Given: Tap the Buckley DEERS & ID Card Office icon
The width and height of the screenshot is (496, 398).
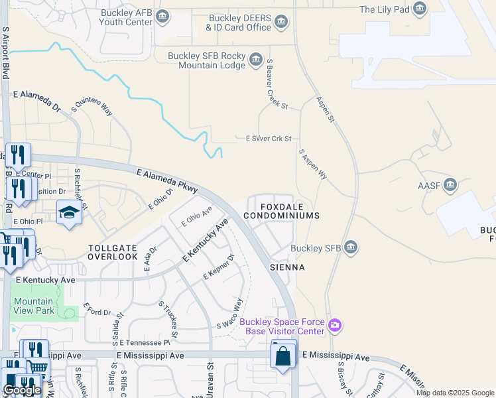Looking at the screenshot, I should pos(281,23).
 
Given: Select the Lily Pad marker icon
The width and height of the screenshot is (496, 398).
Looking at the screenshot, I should pos(419,9).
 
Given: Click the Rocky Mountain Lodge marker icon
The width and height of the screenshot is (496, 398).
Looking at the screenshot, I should pos(255,62).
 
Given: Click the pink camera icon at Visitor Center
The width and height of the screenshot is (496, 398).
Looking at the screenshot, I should pos(336,325).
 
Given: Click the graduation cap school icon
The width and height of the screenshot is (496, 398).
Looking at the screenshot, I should pos(69,213).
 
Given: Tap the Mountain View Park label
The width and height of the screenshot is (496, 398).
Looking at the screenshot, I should pos(34,306).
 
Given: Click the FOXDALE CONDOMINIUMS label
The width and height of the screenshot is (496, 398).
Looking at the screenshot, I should pos(281,212).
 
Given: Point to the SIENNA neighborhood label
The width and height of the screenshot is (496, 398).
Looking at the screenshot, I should pos(287,267).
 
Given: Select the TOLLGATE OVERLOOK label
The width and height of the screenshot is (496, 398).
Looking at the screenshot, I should pos(113,251).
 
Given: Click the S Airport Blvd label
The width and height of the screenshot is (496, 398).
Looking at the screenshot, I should pos(5,52).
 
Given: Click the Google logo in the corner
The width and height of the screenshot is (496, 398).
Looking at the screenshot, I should pos(22,390).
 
